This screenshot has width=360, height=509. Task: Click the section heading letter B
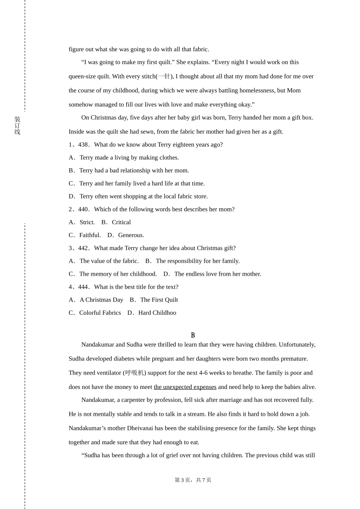(x=193, y=335)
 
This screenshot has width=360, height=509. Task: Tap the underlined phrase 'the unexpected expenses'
(x=185, y=387)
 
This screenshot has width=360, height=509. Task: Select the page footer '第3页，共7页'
(x=193, y=480)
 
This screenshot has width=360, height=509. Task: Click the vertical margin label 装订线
(x=17, y=125)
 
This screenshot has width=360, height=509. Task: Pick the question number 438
(x=83, y=145)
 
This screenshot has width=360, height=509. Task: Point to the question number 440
(x=83, y=209)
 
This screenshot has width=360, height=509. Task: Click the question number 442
(x=83, y=248)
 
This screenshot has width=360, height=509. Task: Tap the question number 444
(x=83, y=287)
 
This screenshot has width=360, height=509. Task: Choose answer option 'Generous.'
(x=131, y=235)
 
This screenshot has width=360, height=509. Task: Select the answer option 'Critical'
(x=121, y=222)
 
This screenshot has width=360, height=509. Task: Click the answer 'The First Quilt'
(x=159, y=300)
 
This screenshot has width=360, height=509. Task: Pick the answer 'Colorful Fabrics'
(x=100, y=313)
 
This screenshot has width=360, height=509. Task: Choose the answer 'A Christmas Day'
(x=101, y=300)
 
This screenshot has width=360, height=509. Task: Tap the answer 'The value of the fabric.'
(x=109, y=261)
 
